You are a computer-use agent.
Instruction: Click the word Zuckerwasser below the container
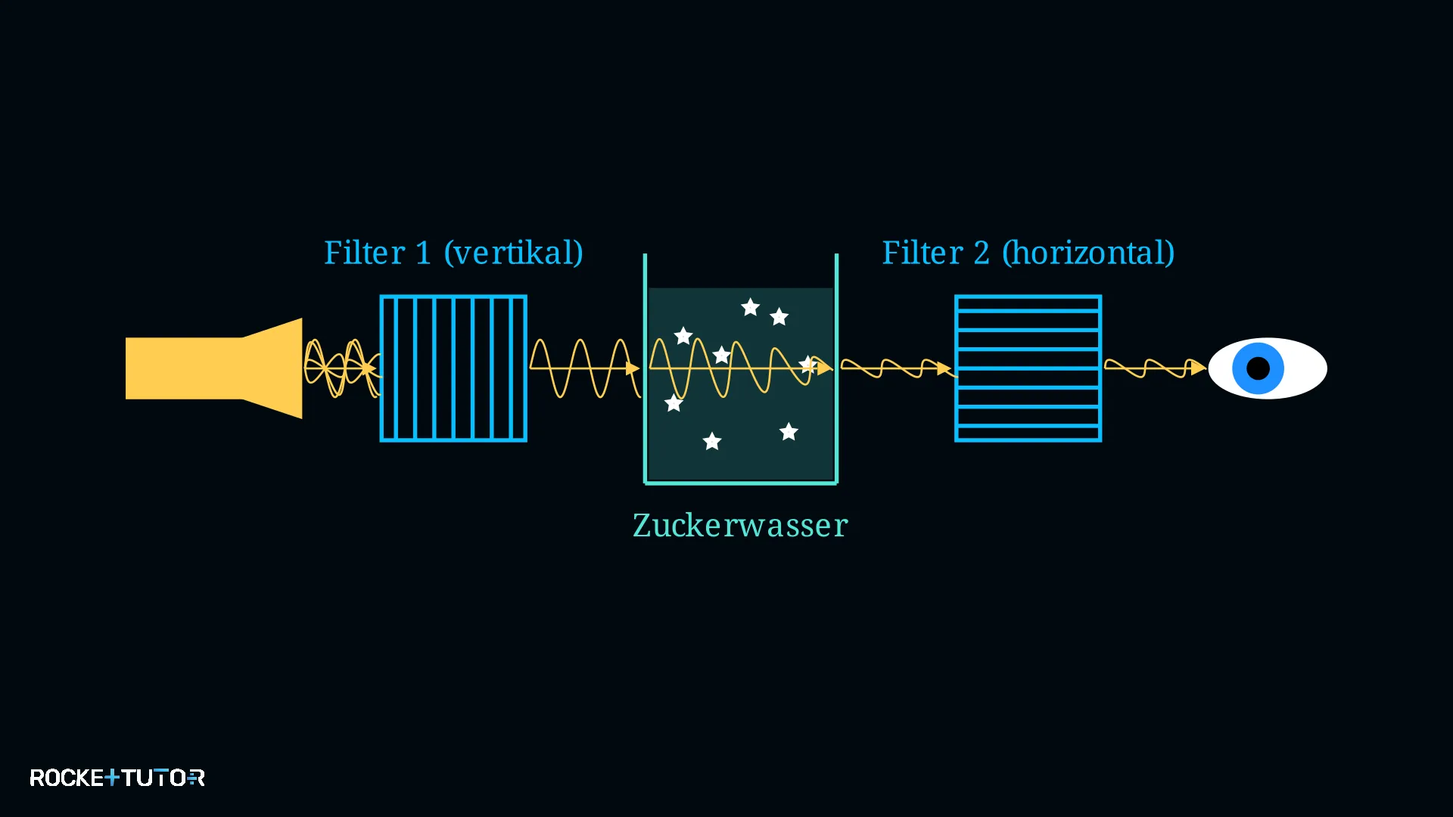tap(740, 525)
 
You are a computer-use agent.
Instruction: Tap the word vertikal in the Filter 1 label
tap(513, 253)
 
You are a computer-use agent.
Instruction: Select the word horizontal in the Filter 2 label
tap(1088, 253)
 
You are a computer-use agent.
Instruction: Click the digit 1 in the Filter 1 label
tap(423, 253)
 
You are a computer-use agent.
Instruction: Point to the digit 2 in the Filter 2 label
tap(982, 253)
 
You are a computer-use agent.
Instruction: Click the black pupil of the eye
tap(1258, 368)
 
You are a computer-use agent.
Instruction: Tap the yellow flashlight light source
tap(214, 368)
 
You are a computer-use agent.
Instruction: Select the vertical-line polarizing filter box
tap(453, 368)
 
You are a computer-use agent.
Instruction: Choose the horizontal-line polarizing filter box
tap(1028, 368)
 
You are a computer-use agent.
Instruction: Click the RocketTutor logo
tap(117, 778)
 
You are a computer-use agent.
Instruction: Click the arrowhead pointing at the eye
tap(1199, 368)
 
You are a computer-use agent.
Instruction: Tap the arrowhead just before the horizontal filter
tap(944, 368)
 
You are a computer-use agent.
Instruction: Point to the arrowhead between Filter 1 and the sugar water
tap(633, 368)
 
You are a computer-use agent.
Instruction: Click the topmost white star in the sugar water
tap(750, 307)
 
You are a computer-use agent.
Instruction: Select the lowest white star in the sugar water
tap(712, 441)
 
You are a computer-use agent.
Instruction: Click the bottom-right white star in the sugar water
tap(789, 431)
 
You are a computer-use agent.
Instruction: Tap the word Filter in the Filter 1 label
tap(365, 253)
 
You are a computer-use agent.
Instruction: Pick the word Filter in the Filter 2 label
tap(923, 253)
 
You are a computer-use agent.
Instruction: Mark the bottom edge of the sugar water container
tap(741, 482)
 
